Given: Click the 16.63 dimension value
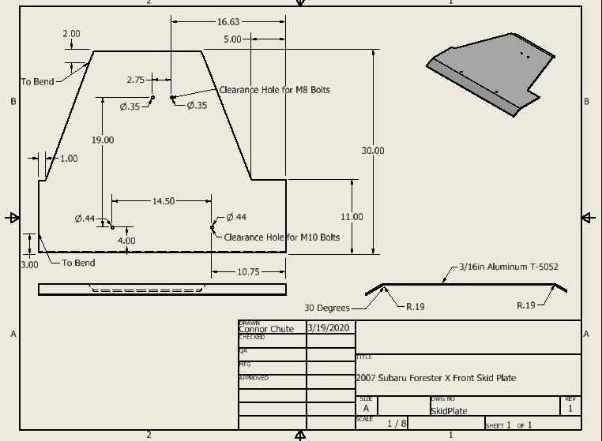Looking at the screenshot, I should pos(228,22).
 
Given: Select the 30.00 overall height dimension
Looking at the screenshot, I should pos(373,150).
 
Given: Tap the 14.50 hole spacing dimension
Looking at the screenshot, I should pos(163,201).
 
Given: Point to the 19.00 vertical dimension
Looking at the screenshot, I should pos(102,140).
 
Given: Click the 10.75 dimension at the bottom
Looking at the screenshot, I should pos(248,272).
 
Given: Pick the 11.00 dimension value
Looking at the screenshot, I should pos(352,217).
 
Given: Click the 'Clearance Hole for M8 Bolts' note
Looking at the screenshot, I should pos(274,90).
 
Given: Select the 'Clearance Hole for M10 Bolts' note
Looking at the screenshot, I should pos(282,237).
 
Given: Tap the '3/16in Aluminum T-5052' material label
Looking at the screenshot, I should pos(509,267).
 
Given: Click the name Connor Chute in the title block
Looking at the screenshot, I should pos(266,329).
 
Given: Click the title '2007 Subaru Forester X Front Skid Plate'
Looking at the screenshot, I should pos(436,378).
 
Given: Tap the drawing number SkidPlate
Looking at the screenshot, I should pos(449,411).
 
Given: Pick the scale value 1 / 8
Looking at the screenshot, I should pos(397,424).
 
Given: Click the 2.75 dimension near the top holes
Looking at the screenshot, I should pos(135,80).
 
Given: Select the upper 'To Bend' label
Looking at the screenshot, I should pos(37,81).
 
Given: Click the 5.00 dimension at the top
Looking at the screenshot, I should pos(232,39).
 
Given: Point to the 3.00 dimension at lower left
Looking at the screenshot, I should pos(29,265).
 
